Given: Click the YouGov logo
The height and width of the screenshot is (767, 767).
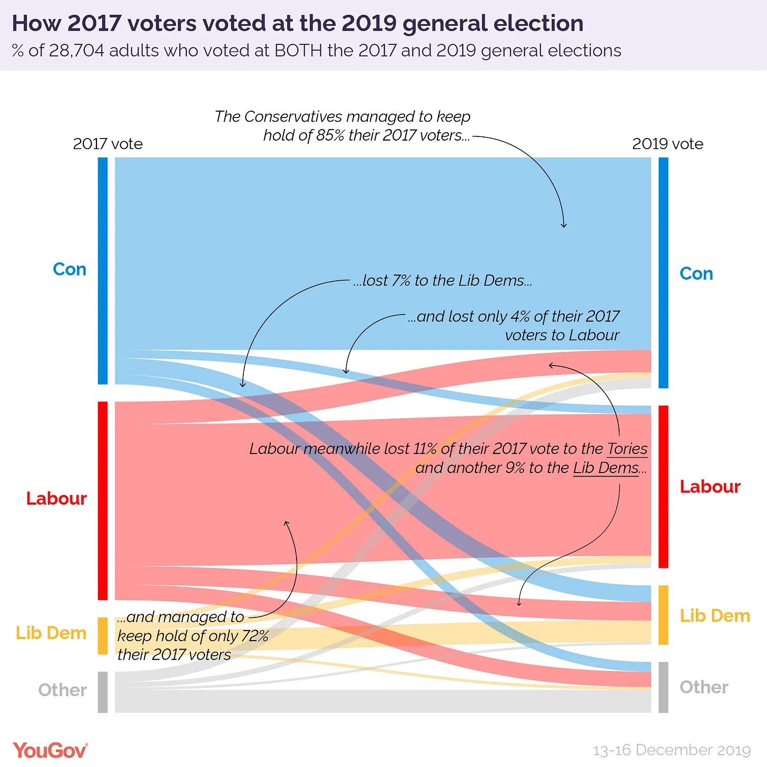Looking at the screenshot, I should pyautogui.click(x=50, y=750).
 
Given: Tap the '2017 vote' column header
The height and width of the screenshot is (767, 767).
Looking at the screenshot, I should pyautogui.click(x=108, y=144).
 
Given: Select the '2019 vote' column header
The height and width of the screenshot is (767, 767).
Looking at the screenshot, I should pyautogui.click(x=667, y=144).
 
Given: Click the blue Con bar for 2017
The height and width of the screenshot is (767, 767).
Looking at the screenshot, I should pyautogui.click(x=103, y=271).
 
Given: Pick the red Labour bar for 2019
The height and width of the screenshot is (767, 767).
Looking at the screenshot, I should pyautogui.click(x=663, y=487).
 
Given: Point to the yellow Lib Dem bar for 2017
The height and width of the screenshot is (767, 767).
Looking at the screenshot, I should pyautogui.click(x=103, y=636).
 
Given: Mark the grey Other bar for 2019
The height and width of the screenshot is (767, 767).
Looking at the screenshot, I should pyautogui.click(x=663, y=687).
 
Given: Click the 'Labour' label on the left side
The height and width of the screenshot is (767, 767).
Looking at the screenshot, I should pyautogui.click(x=56, y=498).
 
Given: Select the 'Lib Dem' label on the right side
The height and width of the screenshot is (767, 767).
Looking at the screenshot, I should pyautogui.click(x=714, y=615).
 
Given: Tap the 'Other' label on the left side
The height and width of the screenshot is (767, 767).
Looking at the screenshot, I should pyautogui.click(x=62, y=690).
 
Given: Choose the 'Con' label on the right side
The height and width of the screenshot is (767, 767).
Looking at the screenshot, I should pyautogui.click(x=696, y=274).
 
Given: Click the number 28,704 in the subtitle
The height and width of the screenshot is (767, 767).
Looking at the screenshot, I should pyautogui.click(x=77, y=51).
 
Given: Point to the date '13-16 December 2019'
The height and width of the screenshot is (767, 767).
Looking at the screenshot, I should pyautogui.click(x=672, y=750).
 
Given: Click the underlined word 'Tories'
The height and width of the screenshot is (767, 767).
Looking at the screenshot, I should pyautogui.click(x=627, y=449).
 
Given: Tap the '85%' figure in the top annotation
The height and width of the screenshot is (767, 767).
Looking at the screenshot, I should pyautogui.click(x=330, y=135).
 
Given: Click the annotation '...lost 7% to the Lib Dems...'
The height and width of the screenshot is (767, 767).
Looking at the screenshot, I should pyautogui.click(x=442, y=281).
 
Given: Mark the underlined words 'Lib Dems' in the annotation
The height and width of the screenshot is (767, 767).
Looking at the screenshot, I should pyautogui.click(x=606, y=468).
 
